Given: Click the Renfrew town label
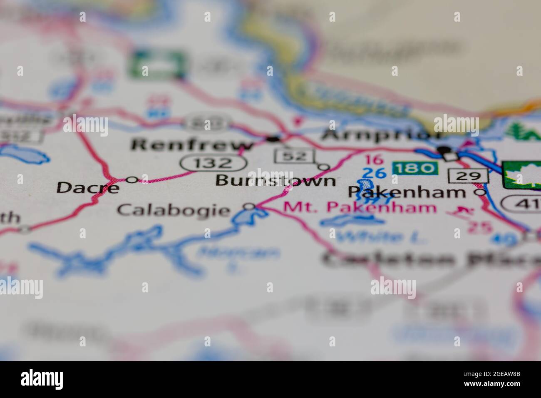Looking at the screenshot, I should click(192, 145).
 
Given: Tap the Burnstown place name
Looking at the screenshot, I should click(276, 181).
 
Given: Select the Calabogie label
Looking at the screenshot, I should click(173, 210).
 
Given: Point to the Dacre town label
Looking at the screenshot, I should click(88, 187).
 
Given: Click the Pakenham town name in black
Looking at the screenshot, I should click(407, 192).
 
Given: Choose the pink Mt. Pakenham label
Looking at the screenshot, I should click(360, 207).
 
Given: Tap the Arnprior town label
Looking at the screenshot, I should click(382, 135).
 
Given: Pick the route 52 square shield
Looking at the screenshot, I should click(295, 156).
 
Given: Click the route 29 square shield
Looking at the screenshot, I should click(468, 176).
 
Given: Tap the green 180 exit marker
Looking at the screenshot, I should click(415, 169).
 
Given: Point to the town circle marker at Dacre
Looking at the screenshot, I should click(132, 180).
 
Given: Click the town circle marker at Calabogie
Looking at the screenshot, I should click(249, 206).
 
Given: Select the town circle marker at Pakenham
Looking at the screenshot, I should click(481, 192).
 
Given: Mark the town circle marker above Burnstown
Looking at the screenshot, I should click(324, 167).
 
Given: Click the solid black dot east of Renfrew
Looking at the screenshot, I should click(274, 138).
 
